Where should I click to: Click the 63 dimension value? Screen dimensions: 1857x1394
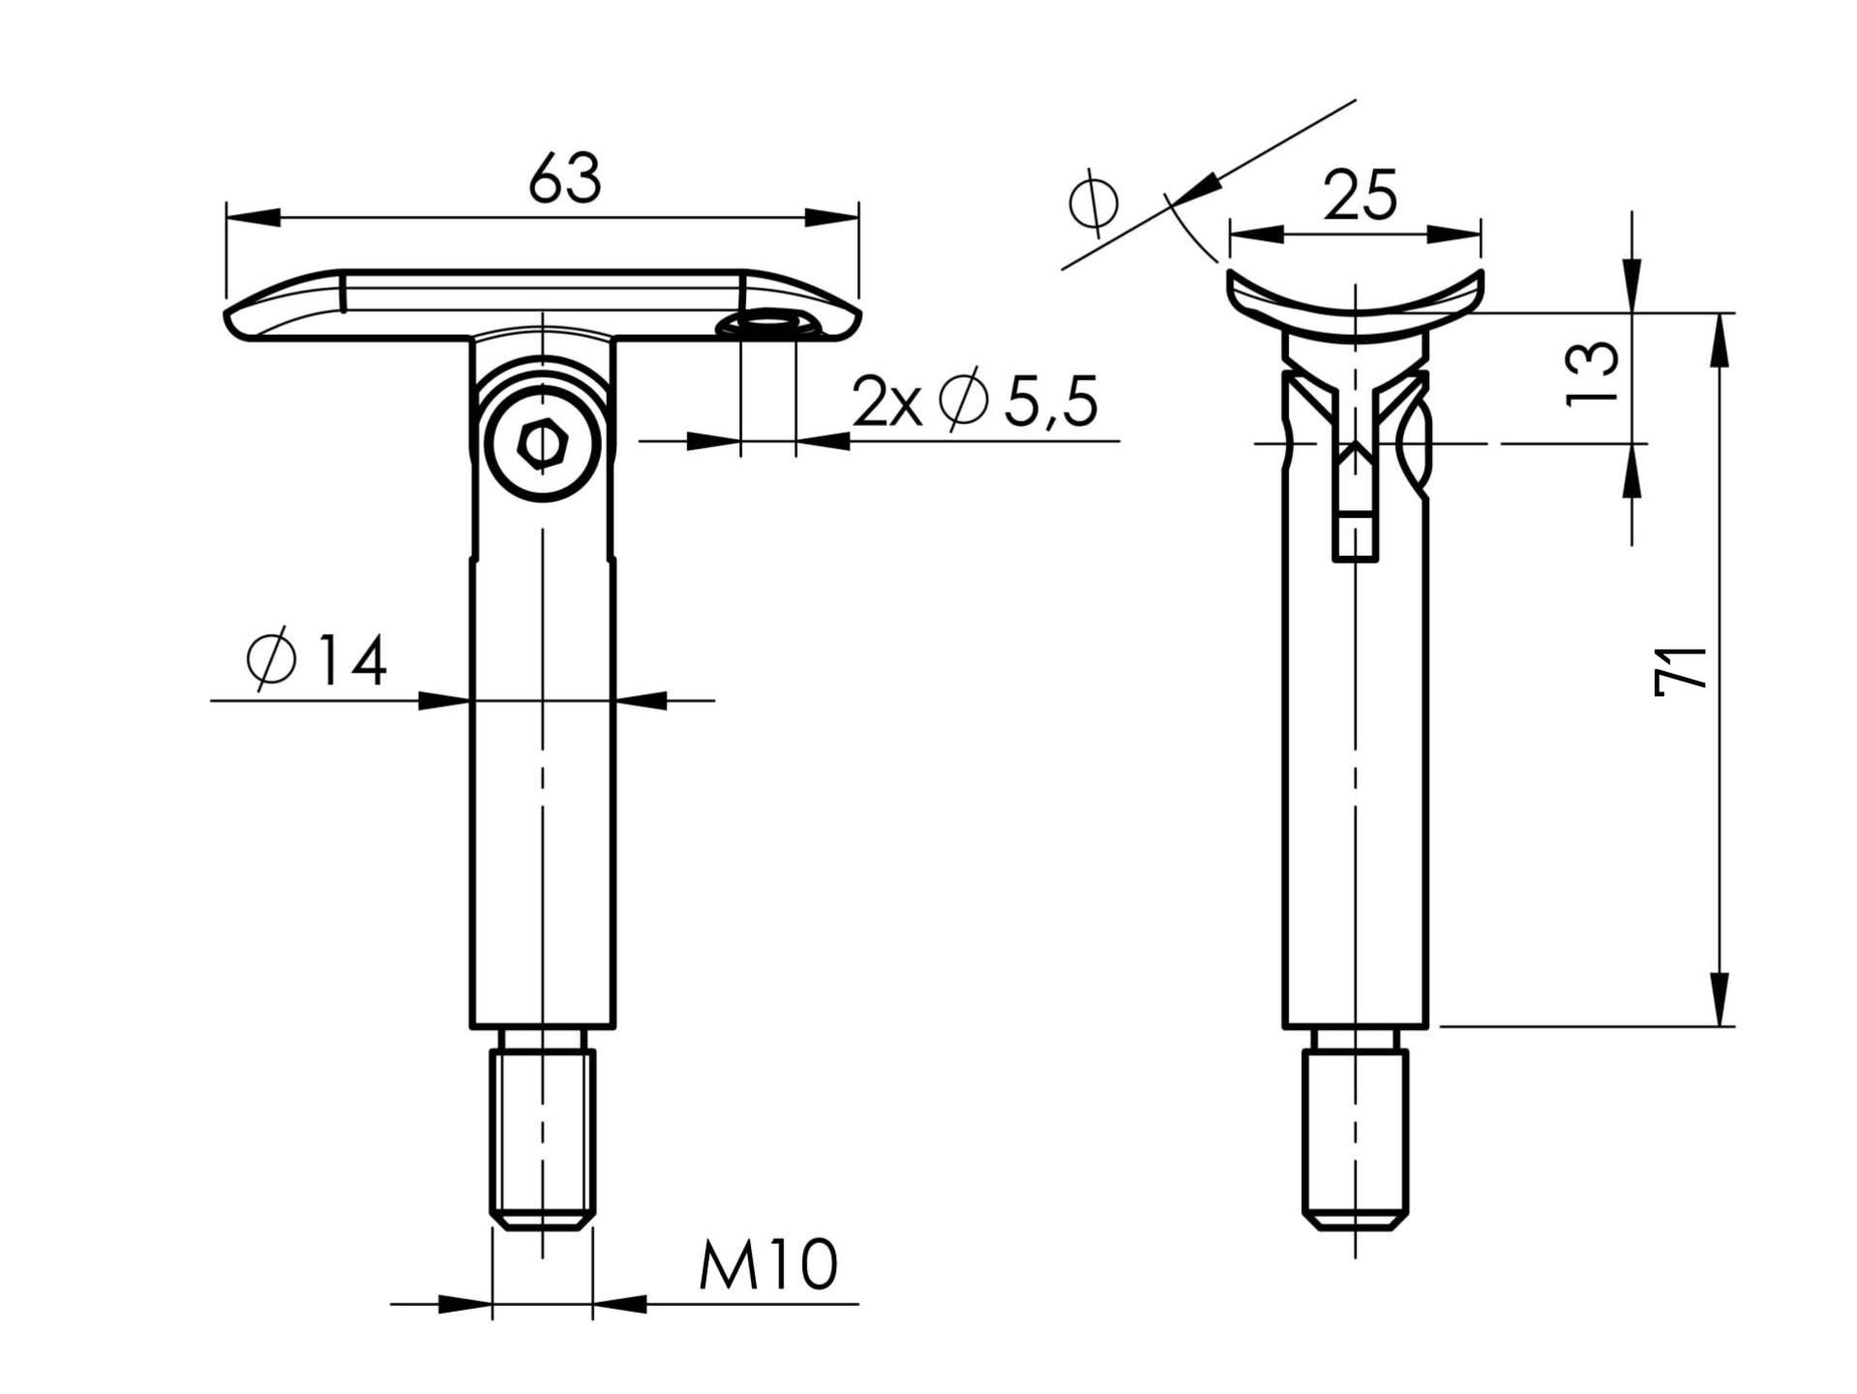pyautogui.click(x=565, y=178)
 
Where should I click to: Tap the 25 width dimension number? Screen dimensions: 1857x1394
pyautogui.click(x=1360, y=196)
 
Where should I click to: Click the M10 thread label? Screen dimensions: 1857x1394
pyautogui.click(x=768, y=1264)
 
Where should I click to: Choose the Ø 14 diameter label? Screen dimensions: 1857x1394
pyautogui.click(x=316, y=660)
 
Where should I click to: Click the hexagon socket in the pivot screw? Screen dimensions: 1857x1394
pyautogui.click(x=542, y=445)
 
